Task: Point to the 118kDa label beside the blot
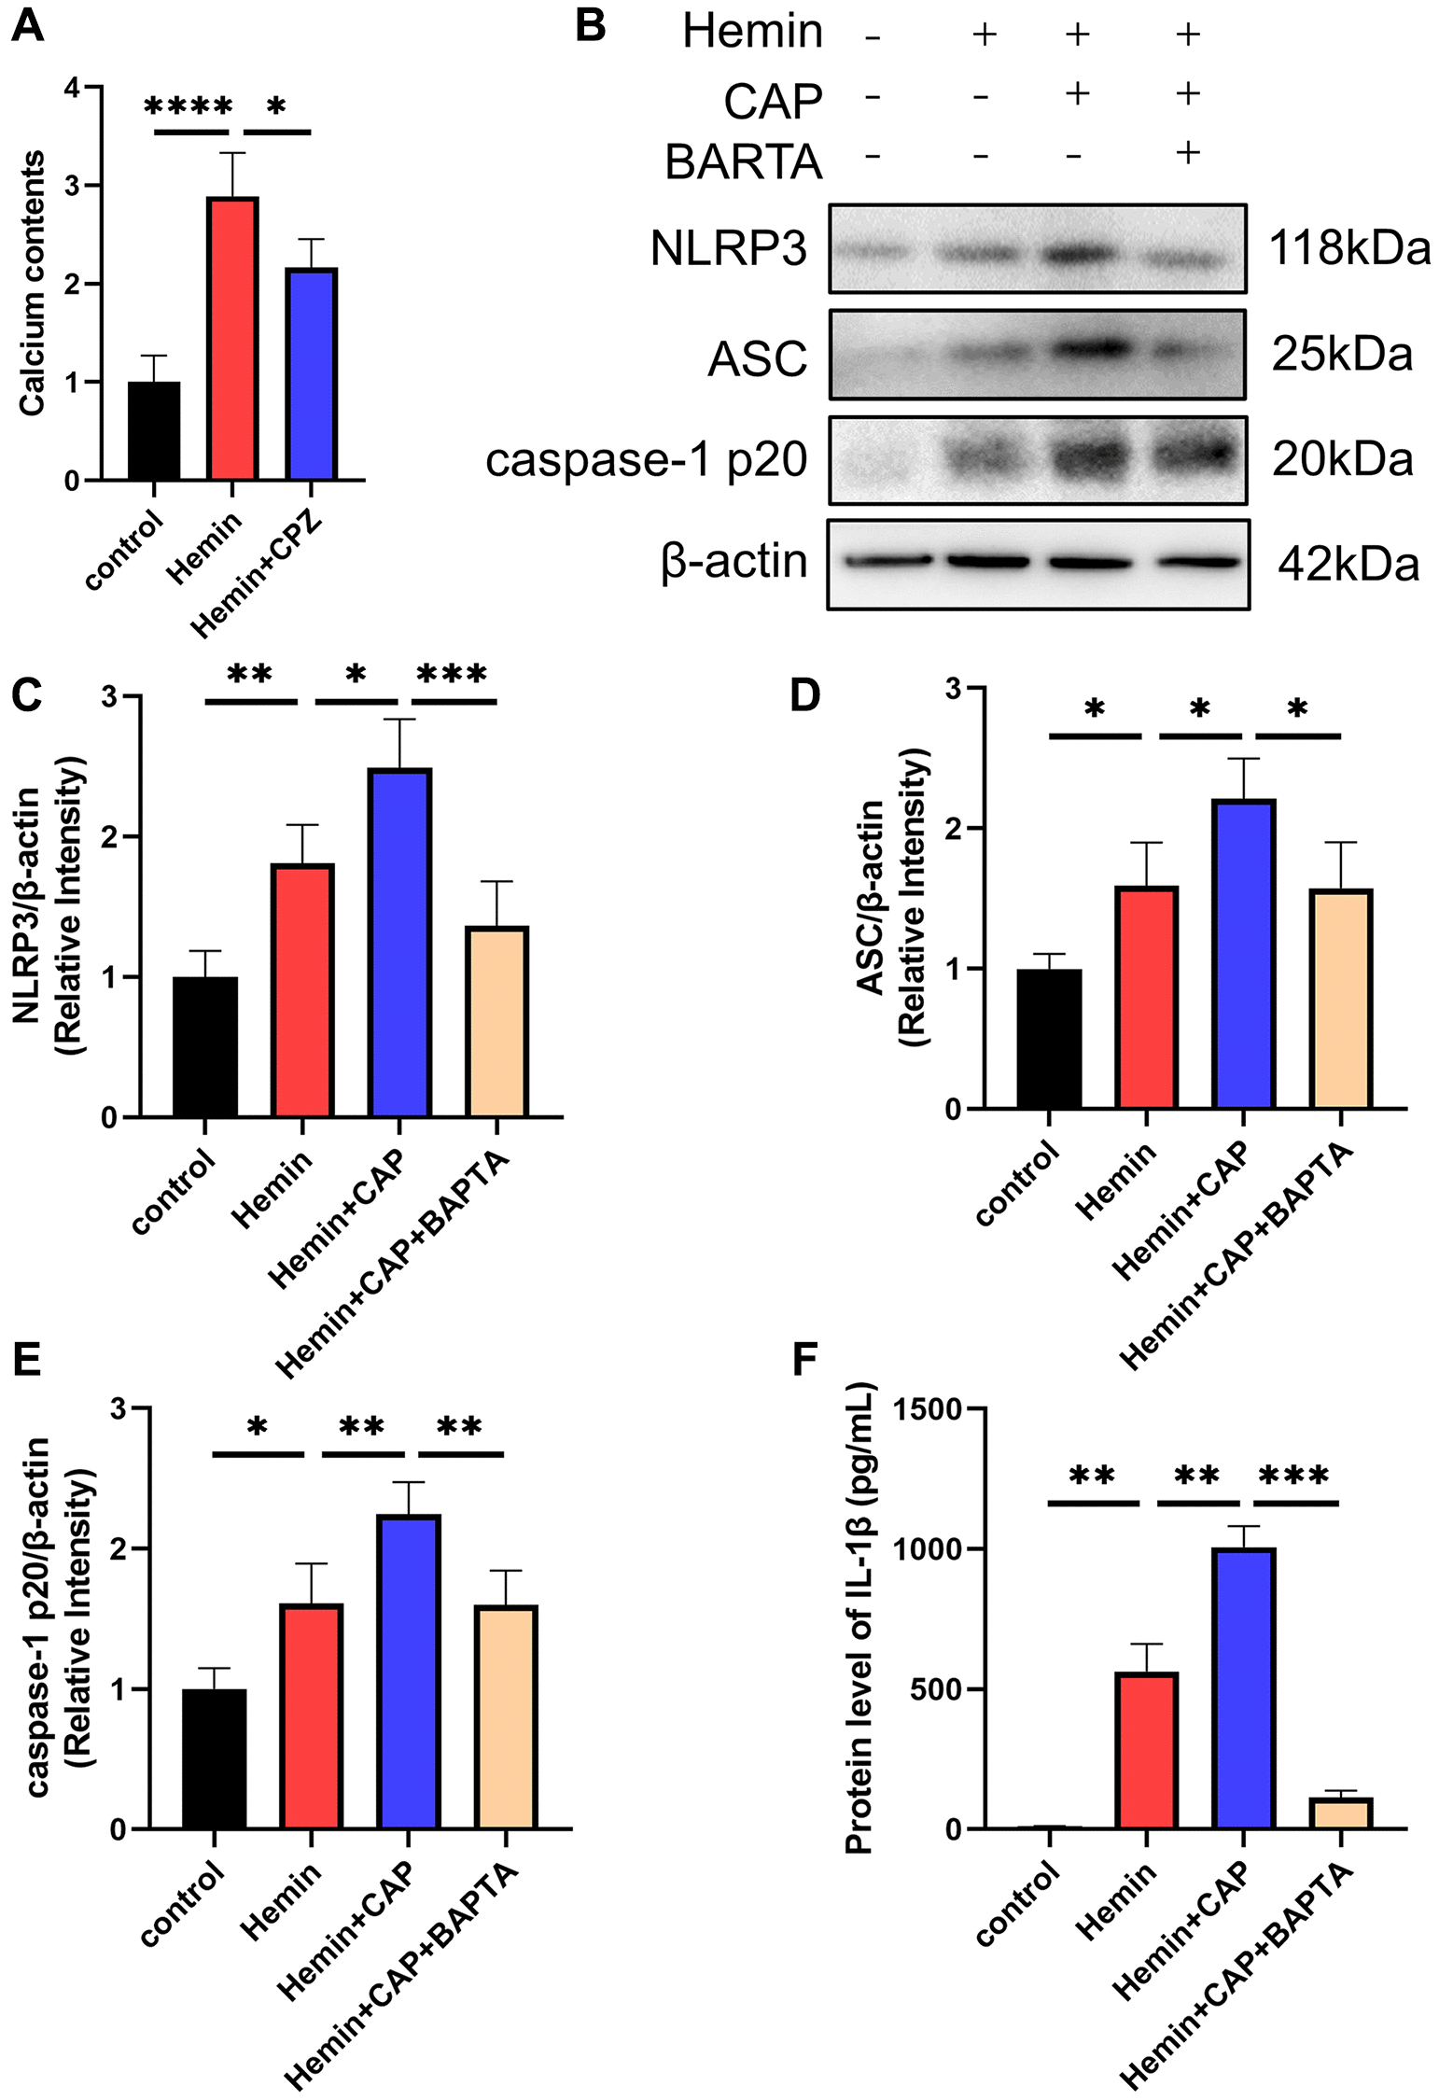(1348, 248)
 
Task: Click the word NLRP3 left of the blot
(728, 248)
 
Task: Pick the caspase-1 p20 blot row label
(646, 459)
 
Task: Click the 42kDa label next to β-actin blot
(1348, 565)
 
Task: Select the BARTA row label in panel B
(743, 161)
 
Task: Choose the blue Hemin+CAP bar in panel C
(400, 943)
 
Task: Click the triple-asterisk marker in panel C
(452, 674)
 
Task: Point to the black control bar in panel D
(1049, 1039)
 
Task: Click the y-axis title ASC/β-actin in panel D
(870, 897)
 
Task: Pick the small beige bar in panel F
(1340, 1813)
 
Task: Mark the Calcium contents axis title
(33, 283)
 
